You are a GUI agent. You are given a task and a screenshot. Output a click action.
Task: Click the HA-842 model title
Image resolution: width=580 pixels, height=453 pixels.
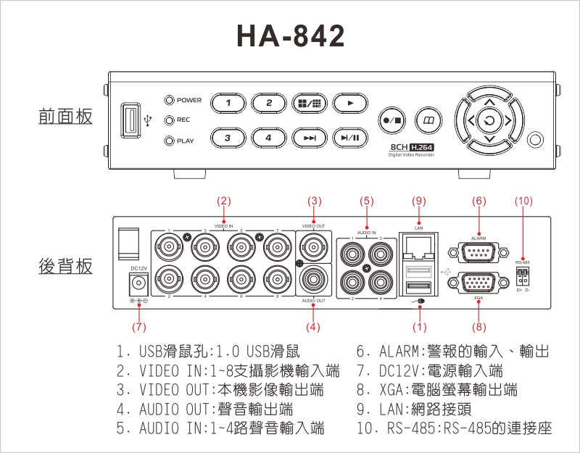point(291,36)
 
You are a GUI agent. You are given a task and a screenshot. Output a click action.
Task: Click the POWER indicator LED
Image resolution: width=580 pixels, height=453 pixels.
point(170,100)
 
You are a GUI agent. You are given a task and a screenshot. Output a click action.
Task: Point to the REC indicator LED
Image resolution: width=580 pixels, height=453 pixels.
point(170,120)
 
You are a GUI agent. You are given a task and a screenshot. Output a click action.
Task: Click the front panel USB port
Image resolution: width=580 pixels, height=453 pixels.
point(131,120)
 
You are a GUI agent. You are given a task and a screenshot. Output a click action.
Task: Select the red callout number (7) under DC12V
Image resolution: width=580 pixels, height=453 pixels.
point(138,327)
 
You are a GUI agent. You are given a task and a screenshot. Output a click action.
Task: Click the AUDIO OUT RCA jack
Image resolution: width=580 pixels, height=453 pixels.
point(313,278)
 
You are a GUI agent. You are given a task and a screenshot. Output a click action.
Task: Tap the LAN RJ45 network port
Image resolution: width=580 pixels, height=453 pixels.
point(418,249)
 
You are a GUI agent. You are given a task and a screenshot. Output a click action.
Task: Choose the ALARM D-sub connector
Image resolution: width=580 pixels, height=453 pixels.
point(478,253)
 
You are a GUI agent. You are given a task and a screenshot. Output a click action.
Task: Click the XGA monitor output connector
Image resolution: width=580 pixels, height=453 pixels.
point(478,282)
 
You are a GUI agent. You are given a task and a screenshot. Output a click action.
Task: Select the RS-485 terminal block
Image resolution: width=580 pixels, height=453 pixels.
point(522,275)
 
